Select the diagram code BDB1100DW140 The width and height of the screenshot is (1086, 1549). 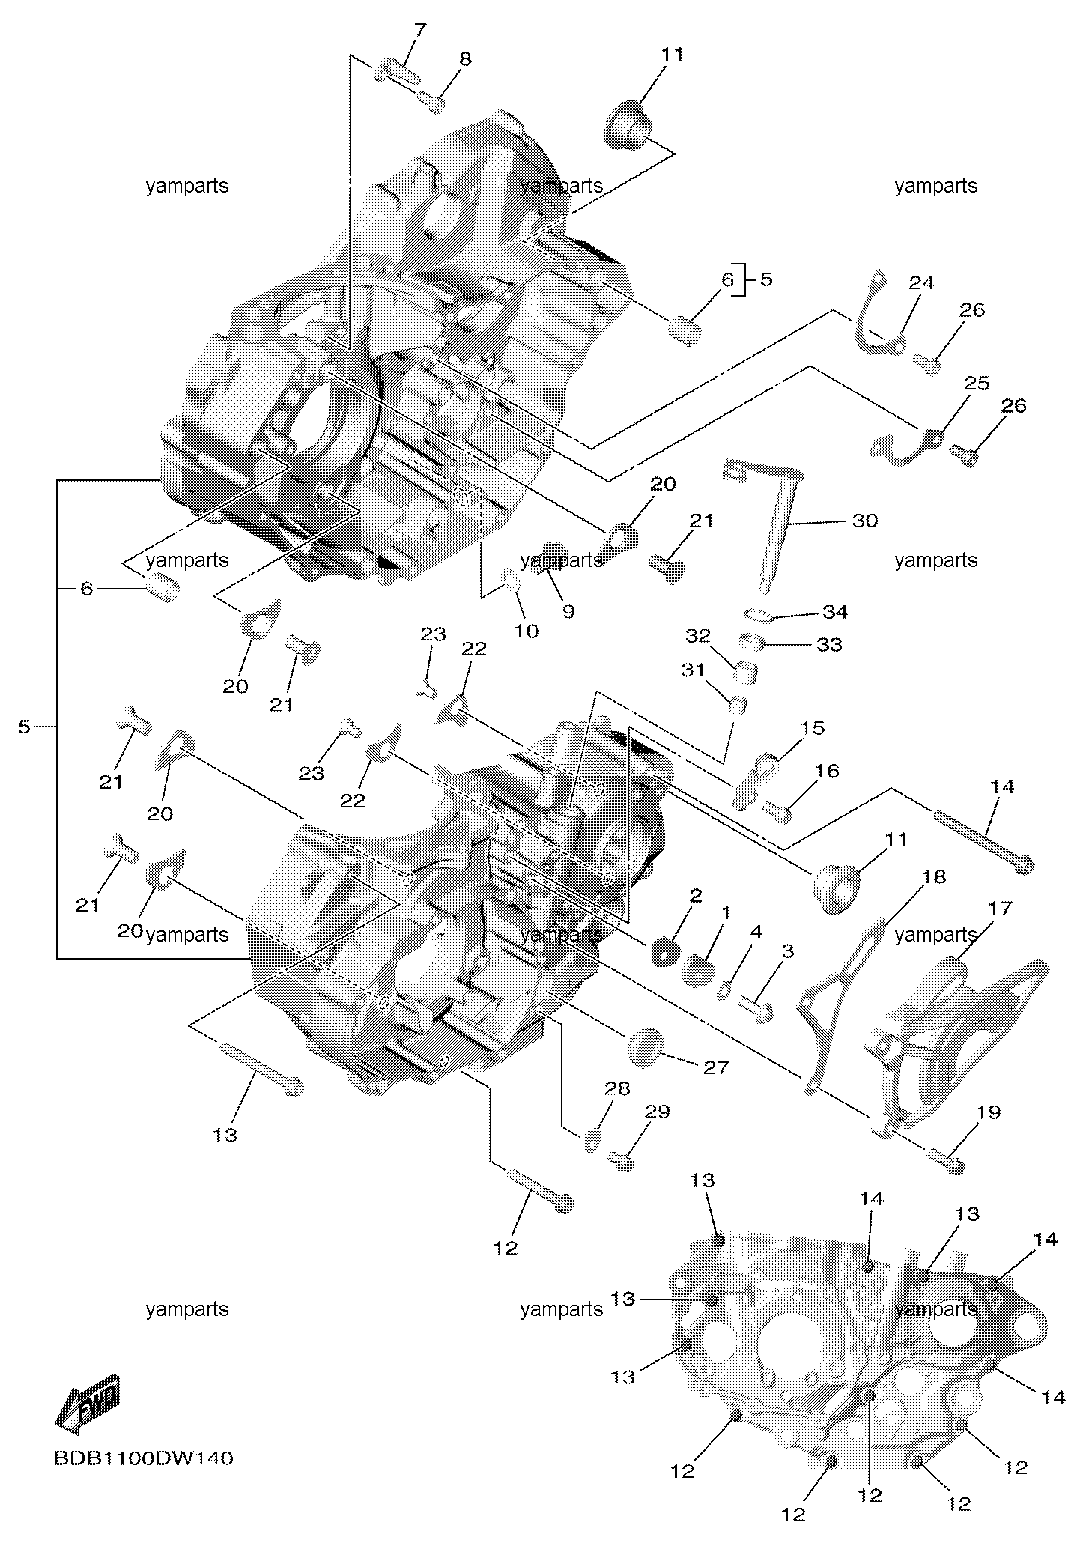(144, 1458)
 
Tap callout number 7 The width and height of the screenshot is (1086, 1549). (420, 31)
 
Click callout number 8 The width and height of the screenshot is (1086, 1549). (465, 58)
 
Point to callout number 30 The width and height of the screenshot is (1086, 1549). (865, 520)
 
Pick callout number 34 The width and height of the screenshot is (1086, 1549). (834, 612)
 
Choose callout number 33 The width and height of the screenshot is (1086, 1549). (829, 644)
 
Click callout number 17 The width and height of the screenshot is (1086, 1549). (1001, 908)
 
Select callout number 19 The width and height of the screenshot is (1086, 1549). (989, 1112)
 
